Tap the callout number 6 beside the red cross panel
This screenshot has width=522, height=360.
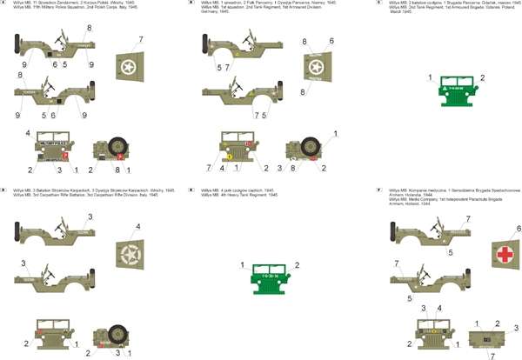point(519,228)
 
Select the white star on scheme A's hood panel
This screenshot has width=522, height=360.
point(130,66)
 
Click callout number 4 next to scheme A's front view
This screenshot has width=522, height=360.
point(28,133)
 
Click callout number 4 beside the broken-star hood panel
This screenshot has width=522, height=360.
point(137,228)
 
